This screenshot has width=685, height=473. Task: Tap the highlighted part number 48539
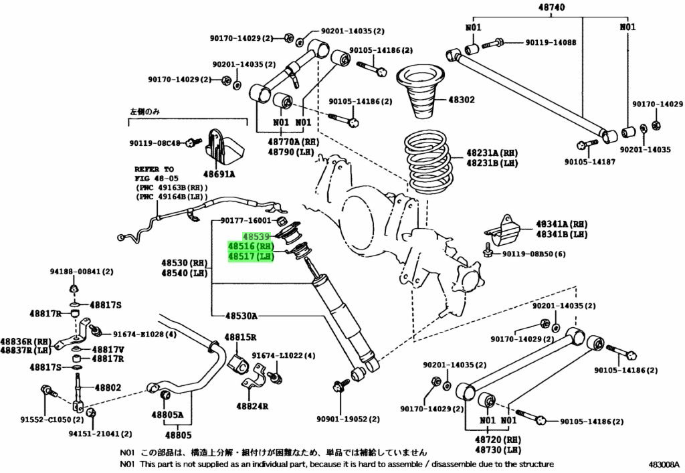pos(256,236)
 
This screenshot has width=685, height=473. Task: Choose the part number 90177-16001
pos(247,220)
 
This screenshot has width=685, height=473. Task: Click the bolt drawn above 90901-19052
pos(338,386)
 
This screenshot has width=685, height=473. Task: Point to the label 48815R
pos(241,337)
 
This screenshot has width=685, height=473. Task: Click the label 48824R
pos(252,405)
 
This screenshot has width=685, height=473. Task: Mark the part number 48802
pos(108,387)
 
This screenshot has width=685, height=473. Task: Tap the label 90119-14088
pos(551,42)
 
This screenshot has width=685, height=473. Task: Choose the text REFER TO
pos(154,169)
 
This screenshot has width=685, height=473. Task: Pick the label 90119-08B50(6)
pos(534,254)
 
